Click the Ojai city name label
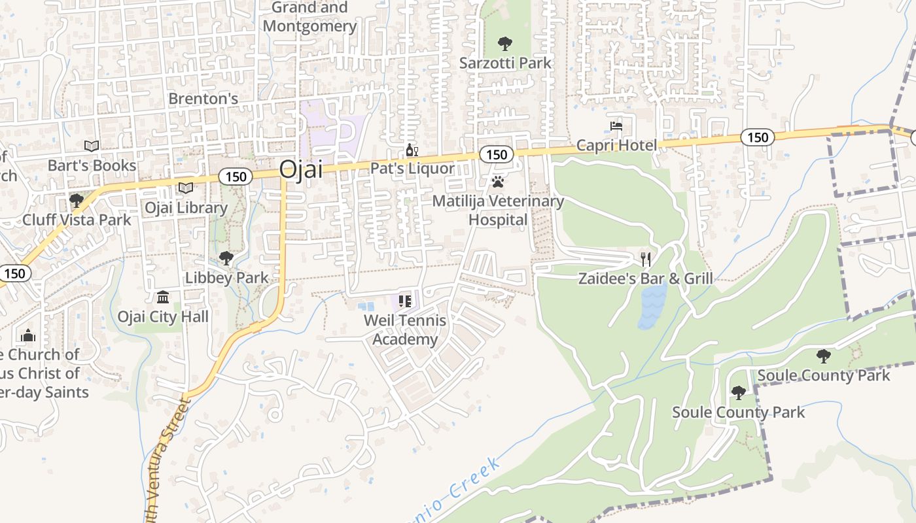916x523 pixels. pos(301,169)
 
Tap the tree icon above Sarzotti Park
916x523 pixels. pos(504,44)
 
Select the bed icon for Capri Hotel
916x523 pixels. pos(616,126)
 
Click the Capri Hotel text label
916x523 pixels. pos(616,144)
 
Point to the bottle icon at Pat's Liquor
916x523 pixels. pos(412,150)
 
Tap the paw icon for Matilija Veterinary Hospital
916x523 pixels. pos(498,181)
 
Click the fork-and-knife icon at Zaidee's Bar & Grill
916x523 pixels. pos(646,260)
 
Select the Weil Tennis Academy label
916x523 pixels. pos(405,330)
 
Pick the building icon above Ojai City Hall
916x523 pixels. pos(163,297)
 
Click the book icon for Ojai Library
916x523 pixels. pos(186,188)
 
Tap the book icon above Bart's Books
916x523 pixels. pos(92,146)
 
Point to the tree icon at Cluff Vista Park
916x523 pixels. pos(77,200)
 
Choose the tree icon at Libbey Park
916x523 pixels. pos(226,258)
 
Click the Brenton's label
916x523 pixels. pos(203,99)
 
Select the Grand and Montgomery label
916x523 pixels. pos(309,17)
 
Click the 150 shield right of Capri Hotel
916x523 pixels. pos(758,137)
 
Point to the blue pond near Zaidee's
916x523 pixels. pos(652,305)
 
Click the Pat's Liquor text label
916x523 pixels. pos(412,169)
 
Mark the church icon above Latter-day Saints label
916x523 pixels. pos(28,335)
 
